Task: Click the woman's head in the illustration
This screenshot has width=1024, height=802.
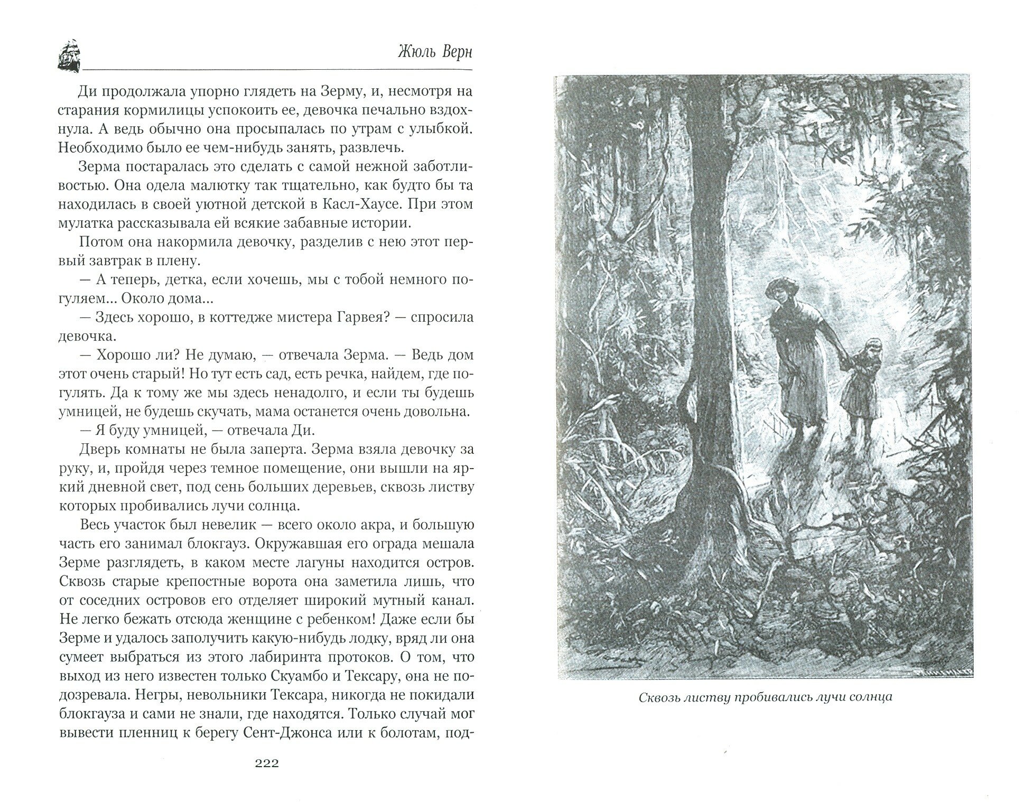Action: click(x=778, y=292)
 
